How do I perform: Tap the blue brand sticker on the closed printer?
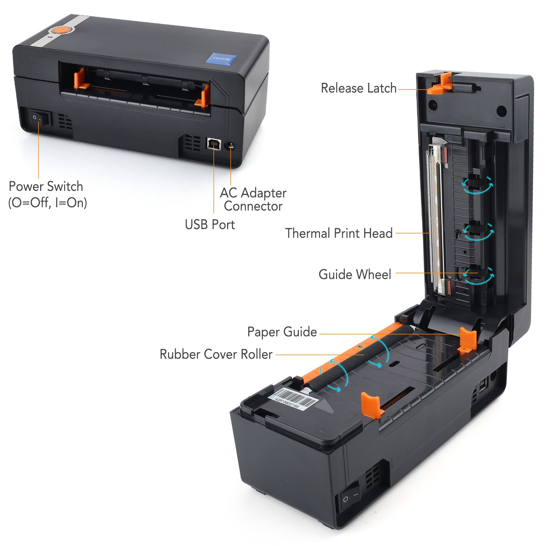click(x=221, y=59)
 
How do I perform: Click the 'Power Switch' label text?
click(x=46, y=186)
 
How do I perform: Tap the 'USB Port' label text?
click(x=210, y=225)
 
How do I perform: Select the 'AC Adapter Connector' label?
click(x=253, y=200)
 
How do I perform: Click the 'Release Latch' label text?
click(x=358, y=88)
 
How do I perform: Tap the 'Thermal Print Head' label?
click(x=339, y=233)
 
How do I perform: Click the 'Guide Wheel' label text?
click(x=355, y=274)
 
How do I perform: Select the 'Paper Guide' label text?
click(x=282, y=332)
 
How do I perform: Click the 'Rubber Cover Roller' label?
click(x=216, y=354)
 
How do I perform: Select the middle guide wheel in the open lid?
click(x=477, y=228)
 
